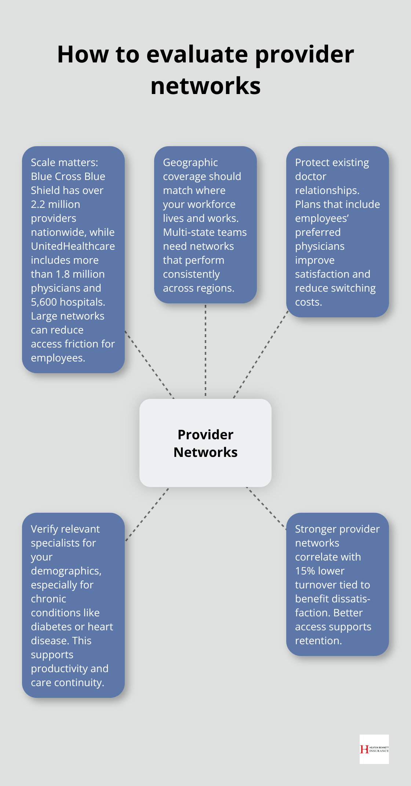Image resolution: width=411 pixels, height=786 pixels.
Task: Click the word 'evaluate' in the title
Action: pyautogui.click(x=197, y=54)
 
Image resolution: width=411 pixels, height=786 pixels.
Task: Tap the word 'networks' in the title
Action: pyautogui.click(x=205, y=86)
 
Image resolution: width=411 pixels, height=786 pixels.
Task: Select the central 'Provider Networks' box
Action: pyautogui.click(x=205, y=443)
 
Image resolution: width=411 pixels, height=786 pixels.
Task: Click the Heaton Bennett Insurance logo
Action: pyautogui.click(x=374, y=749)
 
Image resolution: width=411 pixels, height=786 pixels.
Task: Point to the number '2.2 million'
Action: pyautogui.click(x=55, y=204)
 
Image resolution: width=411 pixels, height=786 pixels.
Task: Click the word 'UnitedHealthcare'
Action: pyautogui.click(x=73, y=246)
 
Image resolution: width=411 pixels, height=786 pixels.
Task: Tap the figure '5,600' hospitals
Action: pyautogui.click(x=44, y=302)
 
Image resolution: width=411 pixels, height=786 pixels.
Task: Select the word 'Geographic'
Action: pyautogui.click(x=190, y=162)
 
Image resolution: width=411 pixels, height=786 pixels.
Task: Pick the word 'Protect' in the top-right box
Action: pyautogui.click(x=311, y=162)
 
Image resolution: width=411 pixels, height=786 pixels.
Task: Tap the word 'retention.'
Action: pyautogui.click(x=318, y=641)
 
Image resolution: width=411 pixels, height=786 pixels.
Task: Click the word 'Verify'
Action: pyautogui.click(x=47, y=529)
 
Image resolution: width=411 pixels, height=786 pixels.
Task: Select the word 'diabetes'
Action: pyautogui.click(x=51, y=627)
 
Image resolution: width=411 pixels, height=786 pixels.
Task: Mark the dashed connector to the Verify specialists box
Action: pyautogui.click(x=147, y=514)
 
